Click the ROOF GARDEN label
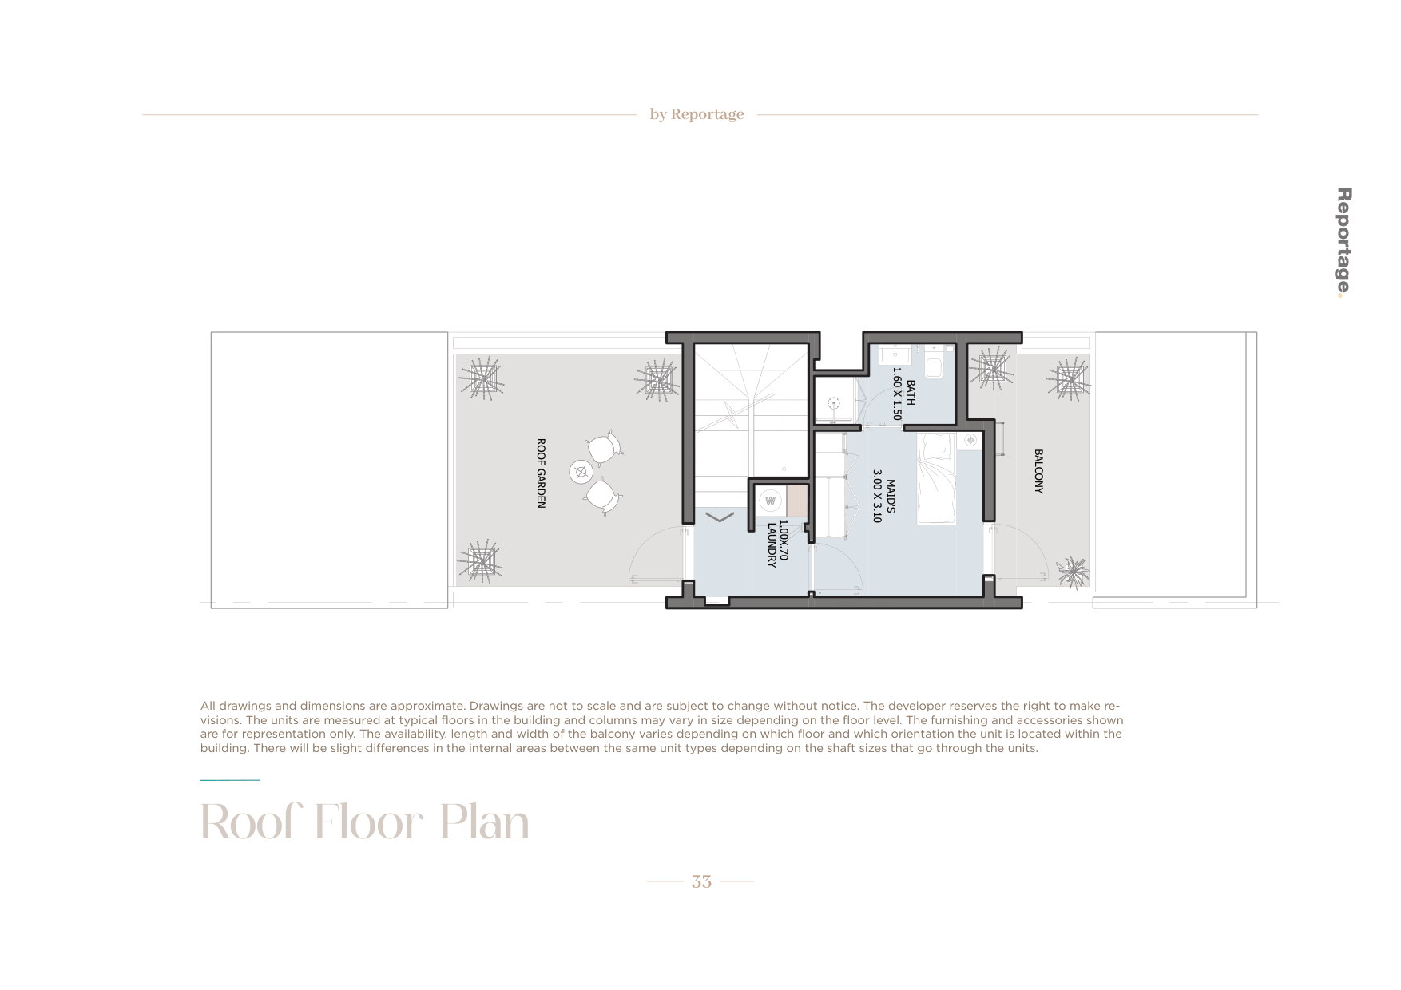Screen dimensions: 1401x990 coord(541,473)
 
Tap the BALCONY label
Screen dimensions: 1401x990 coord(1038,471)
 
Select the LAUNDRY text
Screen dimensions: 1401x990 coord(772,545)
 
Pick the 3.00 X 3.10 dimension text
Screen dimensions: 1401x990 coord(877,496)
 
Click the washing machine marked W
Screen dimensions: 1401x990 coord(771,501)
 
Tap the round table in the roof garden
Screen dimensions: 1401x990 coord(581,472)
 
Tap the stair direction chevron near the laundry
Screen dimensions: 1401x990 coord(720,517)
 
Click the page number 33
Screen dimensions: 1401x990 coord(701,881)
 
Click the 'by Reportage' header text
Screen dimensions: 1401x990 coord(697,114)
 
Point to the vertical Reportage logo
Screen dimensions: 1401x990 coord(1344,243)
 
